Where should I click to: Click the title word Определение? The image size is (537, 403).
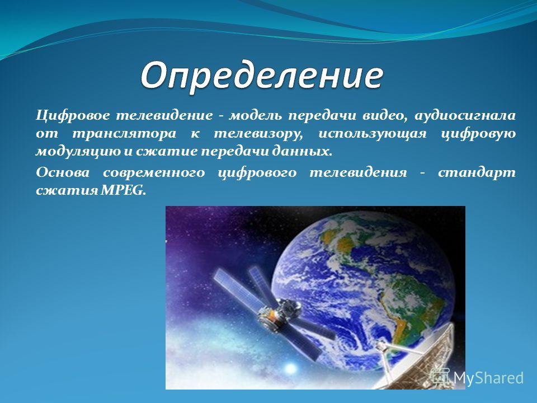(x=262, y=76)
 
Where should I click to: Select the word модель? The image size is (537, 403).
(x=256, y=115)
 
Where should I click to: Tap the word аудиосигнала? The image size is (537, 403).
(x=465, y=116)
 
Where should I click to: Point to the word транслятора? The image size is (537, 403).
(x=124, y=134)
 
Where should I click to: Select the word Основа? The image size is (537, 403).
(x=63, y=172)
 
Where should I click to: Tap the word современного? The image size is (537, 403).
(x=154, y=172)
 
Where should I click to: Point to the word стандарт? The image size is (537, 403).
(x=477, y=172)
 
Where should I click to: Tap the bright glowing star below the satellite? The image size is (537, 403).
(x=290, y=368)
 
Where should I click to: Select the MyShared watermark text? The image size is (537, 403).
(x=488, y=378)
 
